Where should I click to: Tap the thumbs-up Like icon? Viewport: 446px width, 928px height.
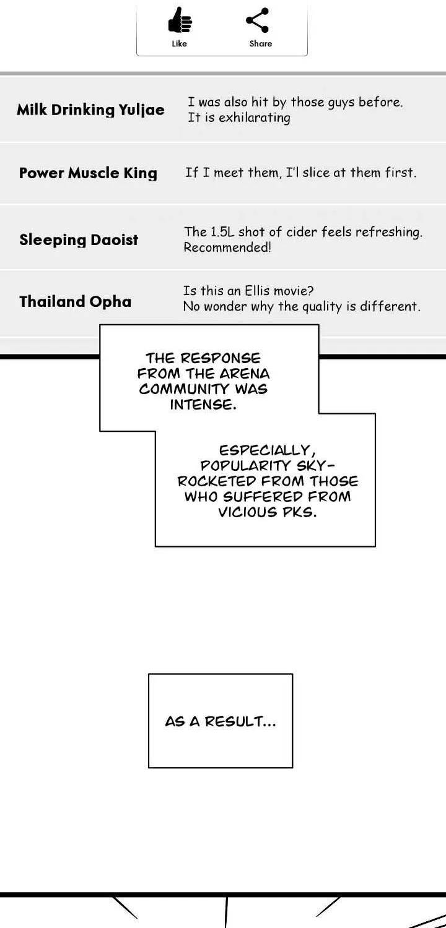tap(180, 20)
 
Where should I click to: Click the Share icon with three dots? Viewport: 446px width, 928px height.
tap(258, 20)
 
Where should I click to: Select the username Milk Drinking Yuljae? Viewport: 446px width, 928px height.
tap(90, 110)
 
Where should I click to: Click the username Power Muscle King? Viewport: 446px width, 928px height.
tap(89, 173)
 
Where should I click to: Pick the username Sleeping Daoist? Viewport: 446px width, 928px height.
tap(79, 240)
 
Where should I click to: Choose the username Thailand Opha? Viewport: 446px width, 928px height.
tap(75, 302)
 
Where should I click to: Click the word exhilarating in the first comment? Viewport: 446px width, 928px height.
tap(255, 118)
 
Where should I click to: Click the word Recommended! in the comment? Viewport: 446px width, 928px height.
tap(227, 247)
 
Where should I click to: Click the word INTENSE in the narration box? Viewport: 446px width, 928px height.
tap(203, 405)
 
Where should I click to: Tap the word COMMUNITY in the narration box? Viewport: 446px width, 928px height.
tap(184, 389)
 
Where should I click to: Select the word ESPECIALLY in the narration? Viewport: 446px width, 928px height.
tap(267, 450)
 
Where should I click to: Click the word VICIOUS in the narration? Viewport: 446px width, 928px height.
tap(248, 512)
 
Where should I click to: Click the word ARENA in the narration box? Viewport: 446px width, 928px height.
tap(244, 374)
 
